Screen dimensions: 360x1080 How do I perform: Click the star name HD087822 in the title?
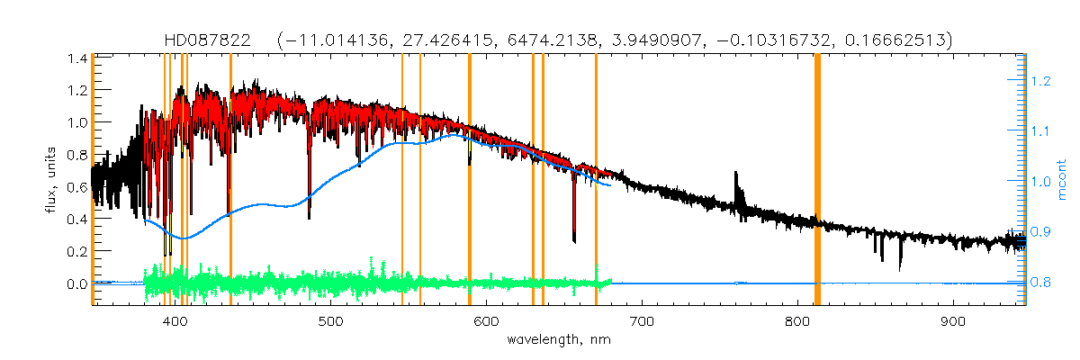tap(213, 40)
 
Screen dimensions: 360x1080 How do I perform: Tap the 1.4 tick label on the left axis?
tap(76, 58)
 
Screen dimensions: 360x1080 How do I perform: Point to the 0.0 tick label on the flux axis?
tap(76, 283)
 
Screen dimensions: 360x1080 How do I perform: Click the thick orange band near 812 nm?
tap(817, 180)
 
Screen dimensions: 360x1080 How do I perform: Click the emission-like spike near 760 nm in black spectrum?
tap(737, 177)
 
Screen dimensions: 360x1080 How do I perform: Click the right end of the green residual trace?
tap(611, 283)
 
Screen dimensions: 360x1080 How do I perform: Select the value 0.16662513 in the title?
tap(894, 40)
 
